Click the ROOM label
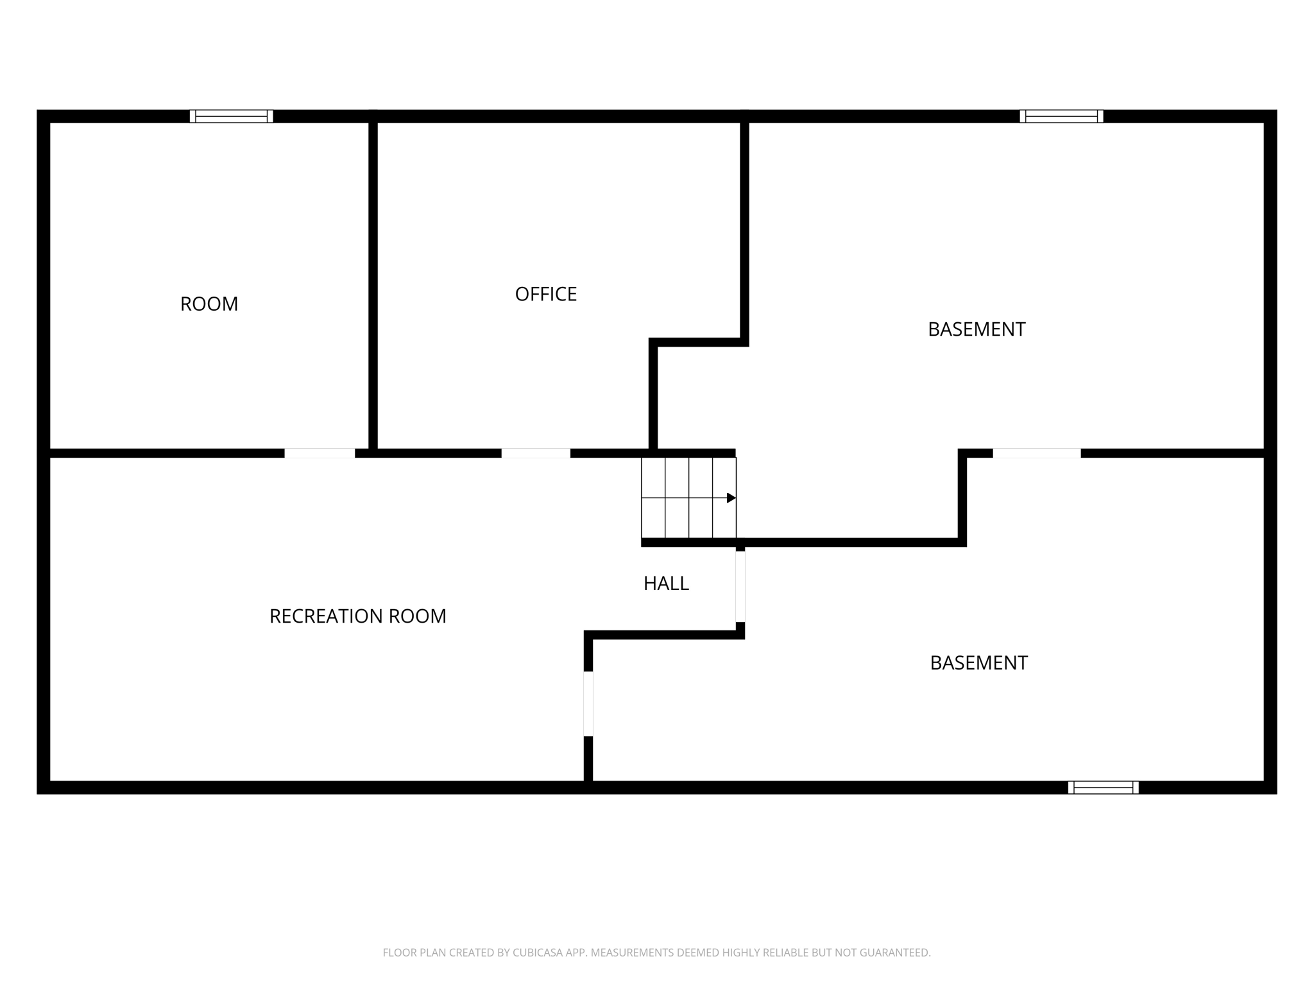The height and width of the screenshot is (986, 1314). tap(209, 304)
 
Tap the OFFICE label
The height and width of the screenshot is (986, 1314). tap(545, 294)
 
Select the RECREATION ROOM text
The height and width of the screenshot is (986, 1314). tap(357, 616)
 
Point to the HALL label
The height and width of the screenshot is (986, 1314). tap(666, 584)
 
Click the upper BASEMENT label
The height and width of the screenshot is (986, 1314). tap(976, 329)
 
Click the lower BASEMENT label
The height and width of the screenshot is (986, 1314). tap(978, 663)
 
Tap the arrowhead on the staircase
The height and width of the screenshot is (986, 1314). tap(731, 498)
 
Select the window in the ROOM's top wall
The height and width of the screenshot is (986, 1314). tap(231, 116)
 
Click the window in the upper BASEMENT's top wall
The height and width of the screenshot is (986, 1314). tap(1061, 116)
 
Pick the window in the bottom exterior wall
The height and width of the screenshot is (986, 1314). tap(1103, 788)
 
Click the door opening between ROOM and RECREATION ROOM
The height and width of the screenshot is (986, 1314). tap(320, 453)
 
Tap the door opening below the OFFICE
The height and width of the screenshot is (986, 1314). tap(536, 453)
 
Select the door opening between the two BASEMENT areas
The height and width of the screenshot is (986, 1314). tap(1036, 453)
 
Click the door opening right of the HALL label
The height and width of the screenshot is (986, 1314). tap(740, 587)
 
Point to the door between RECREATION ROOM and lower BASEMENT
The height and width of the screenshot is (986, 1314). tap(588, 704)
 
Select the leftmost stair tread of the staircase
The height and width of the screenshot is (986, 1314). tap(653, 498)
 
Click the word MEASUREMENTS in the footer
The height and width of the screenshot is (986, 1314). tap(631, 953)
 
